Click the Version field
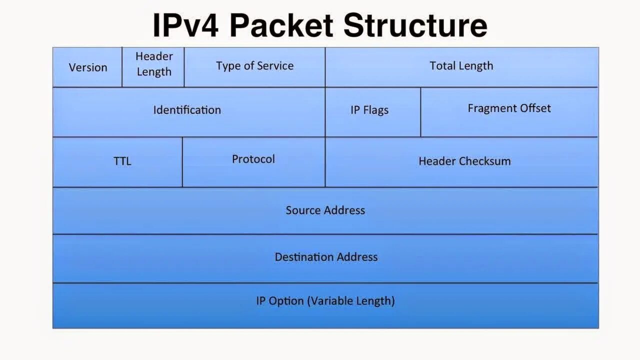click(88, 67)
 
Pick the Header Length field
click(154, 64)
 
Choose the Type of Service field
click(254, 66)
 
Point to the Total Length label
click(461, 66)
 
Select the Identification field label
click(187, 110)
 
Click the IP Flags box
click(369, 110)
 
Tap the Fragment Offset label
click(509, 108)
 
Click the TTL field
click(122, 161)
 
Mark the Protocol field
click(253, 159)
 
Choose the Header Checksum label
click(464, 161)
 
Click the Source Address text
click(325, 210)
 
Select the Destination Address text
click(326, 257)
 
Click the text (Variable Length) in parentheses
click(351, 301)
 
